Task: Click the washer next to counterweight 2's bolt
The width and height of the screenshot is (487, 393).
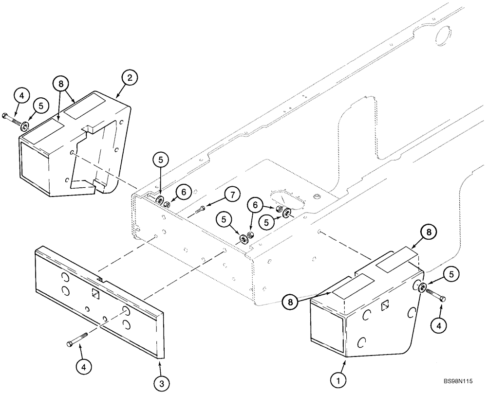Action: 24,126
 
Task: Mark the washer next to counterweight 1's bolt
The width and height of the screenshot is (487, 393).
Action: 422,286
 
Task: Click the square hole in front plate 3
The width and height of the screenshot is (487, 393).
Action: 96,293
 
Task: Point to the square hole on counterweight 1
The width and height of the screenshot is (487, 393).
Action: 384,305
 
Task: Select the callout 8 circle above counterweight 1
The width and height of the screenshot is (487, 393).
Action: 429,233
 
